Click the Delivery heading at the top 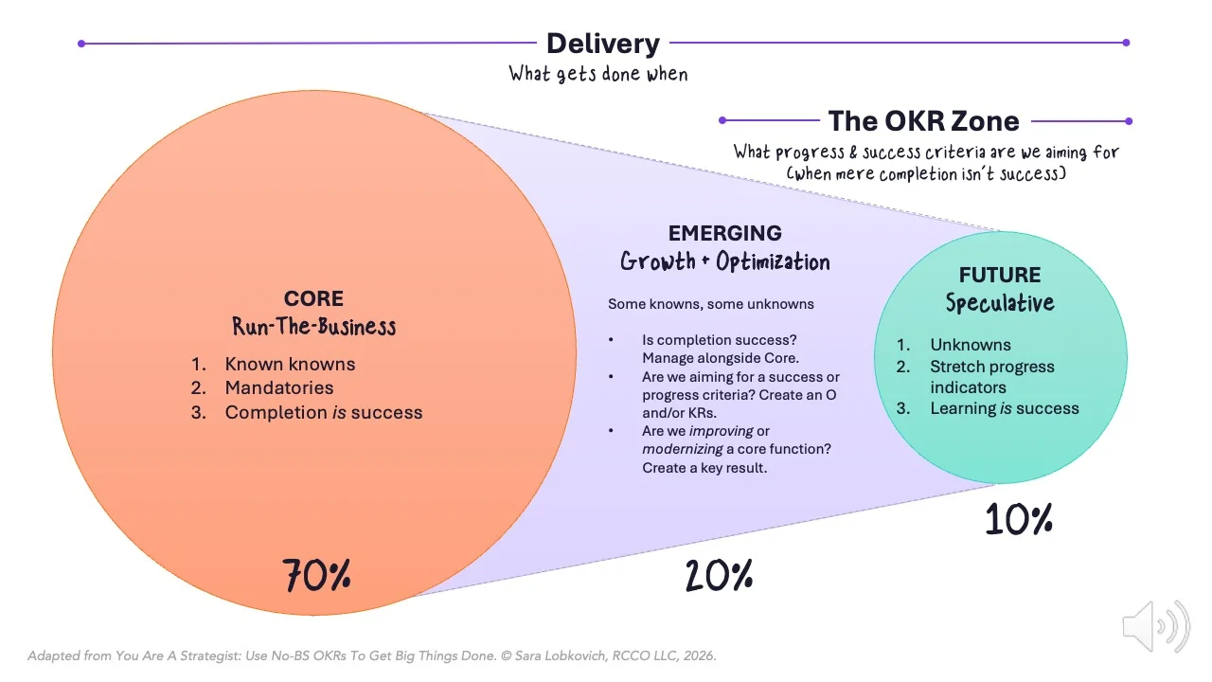(603, 44)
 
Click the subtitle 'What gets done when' (598, 74)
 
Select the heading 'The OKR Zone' (923, 121)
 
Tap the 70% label (316, 575)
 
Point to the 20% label (720, 575)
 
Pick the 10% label (1019, 519)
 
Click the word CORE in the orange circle (313, 299)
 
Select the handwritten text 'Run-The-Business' (314, 327)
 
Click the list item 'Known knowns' (290, 364)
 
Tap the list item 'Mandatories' (279, 387)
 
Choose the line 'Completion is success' (323, 412)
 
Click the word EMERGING (724, 233)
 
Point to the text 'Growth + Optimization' (724, 261)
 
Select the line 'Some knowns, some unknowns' (710, 304)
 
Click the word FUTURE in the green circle (999, 275)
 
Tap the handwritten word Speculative (999, 302)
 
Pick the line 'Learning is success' (1004, 408)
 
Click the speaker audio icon (1155, 626)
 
